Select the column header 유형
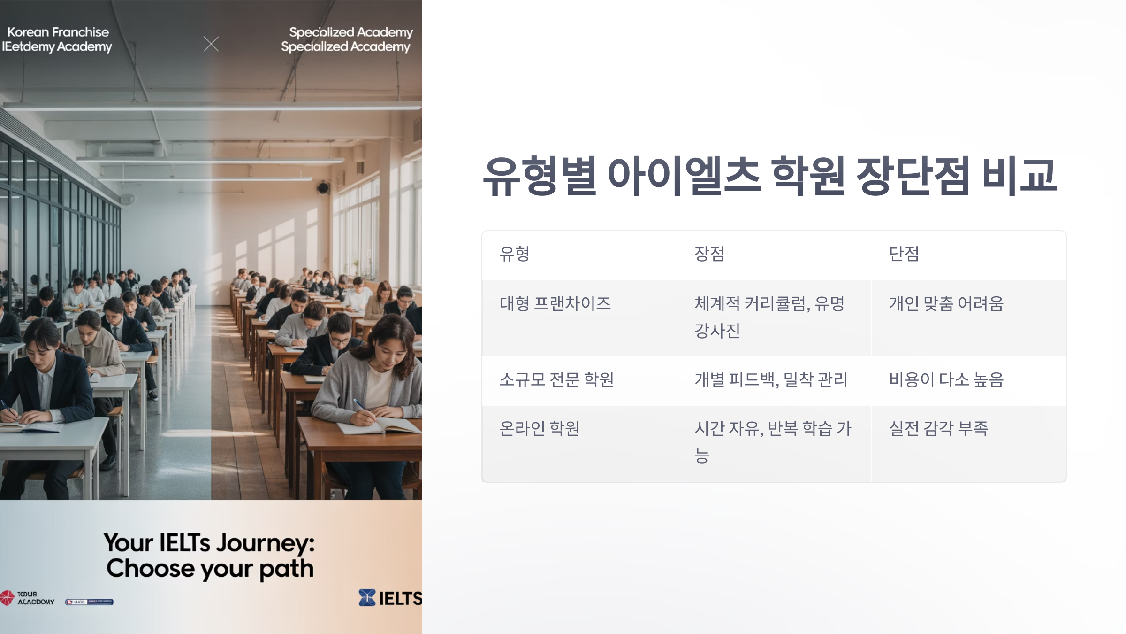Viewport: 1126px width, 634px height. pyautogui.click(x=515, y=254)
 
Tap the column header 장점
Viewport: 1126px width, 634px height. pyautogui.click(x=709, y=254)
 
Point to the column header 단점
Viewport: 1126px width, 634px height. pyautogui.click(x=904, y=254)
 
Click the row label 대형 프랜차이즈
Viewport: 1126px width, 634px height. pyautogui.click(x=555, y=304)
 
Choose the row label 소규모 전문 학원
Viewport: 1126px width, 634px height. pyautogui.click(x=556, y=379)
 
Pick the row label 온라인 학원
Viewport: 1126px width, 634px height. pyautogui.click(x=540, y=428)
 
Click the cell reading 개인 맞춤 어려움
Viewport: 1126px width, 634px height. pyautogui.click(x=946, y=304)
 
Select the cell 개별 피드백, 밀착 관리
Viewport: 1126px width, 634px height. pyautogui.click(x=771, y=379)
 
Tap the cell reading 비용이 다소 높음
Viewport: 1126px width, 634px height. pyautogui.click(x=946, y=379)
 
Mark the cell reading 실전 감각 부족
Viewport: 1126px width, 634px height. pyautogui.click(x=938, y=428)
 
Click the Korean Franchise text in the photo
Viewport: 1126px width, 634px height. pyautogui.click(x=58, y=32)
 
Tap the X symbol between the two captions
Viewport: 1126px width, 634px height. pyautogui.click(x=211, y=44)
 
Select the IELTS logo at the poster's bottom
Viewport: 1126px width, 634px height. pyautogui.click(x=390, y=598)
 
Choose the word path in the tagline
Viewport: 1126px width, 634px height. pyautogui.click(x=286, y=569)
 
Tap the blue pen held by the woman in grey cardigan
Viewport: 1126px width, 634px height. pyautogui.click(x=360, y=404)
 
